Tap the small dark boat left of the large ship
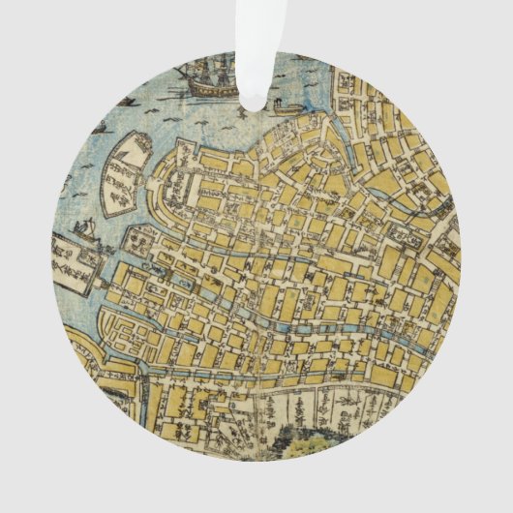tap(126, 101)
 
